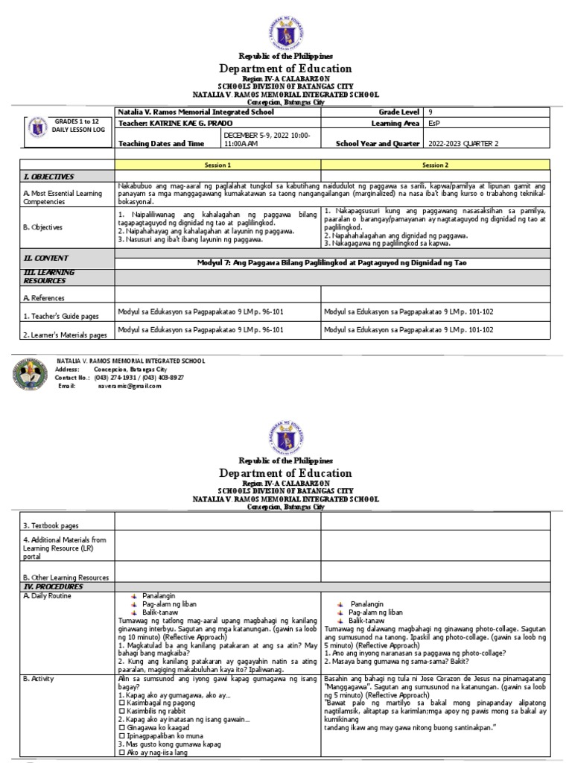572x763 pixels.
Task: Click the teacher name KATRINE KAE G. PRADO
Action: pos(171,124)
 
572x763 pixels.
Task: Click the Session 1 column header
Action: pos(218,164)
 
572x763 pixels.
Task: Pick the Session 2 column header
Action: pos(436,164)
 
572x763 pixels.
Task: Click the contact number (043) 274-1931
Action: pos(124,378)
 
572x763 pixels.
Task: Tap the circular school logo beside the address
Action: pos(31,374)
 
